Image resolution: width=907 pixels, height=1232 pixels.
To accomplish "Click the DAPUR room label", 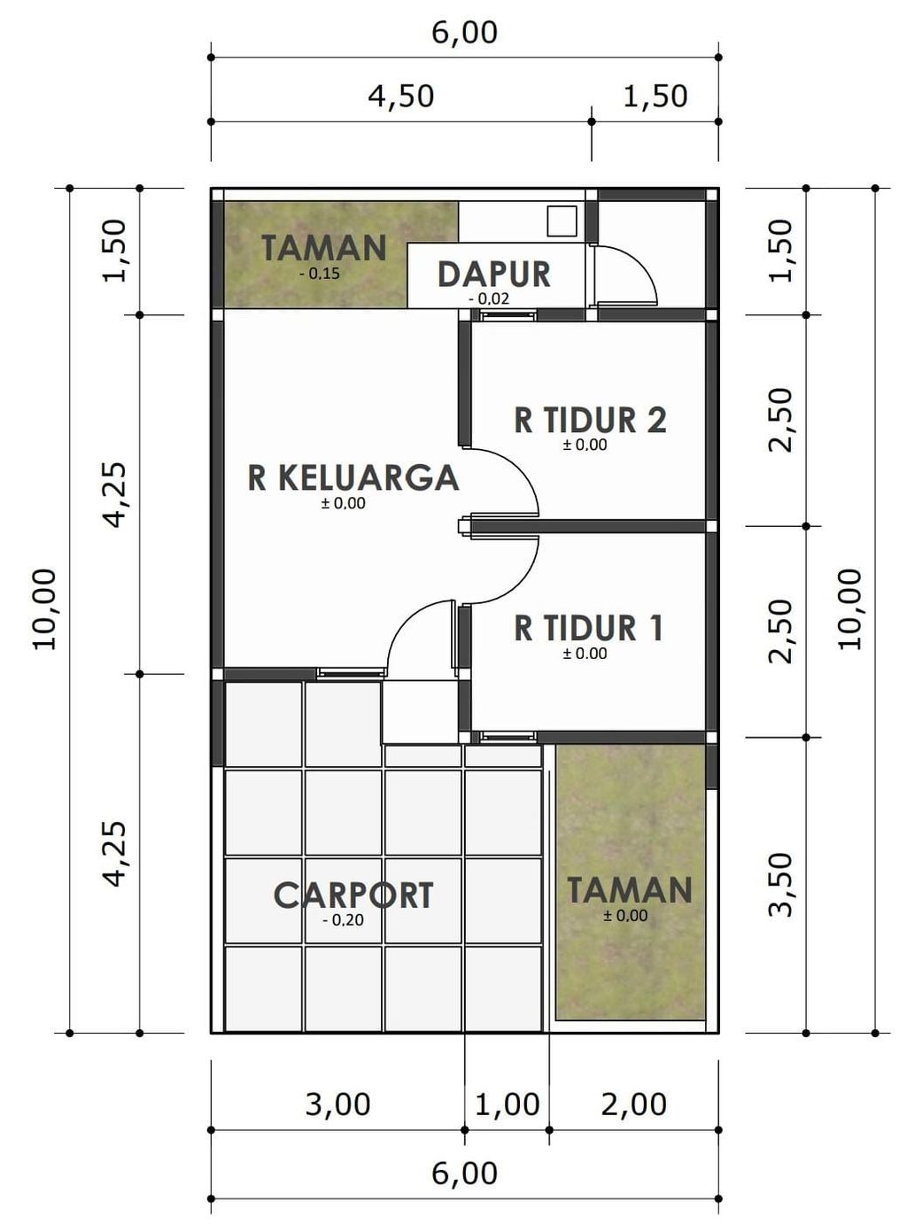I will pyautogui.click(x=493, y=275).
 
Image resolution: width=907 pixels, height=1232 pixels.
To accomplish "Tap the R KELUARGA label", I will pyautogui.click(x=353, y=477).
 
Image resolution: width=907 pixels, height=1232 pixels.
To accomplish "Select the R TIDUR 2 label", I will pyautogui.click(x=590, y=420).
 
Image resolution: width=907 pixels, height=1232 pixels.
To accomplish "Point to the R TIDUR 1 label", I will pyautogui.click(x=588, y=628).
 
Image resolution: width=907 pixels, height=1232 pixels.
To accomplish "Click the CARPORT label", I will pyautogui.click(x=353, y=895).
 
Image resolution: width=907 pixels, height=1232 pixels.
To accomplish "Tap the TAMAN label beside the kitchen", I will pyautogui.click(x=323, y=248).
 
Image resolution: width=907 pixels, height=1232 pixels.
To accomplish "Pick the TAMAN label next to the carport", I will pyautogui.click(x=629, y=890).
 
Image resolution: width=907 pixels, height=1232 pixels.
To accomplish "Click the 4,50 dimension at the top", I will pyautogui.click(x=401, y=96).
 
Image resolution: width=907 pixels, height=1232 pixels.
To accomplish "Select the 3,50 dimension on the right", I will pyautogui.click(x=780, y=884).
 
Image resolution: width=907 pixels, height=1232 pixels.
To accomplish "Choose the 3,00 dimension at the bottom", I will pyautogui.click(x=337, y=1104).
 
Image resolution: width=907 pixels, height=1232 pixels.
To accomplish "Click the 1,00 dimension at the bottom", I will pyautogui.click(x=507, y=1104).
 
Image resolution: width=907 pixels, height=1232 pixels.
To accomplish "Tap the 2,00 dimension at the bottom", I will pyautogui.click(x=633, y=1104).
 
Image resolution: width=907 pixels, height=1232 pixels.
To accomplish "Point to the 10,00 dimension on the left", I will pyautogui.click(x=44, y=609).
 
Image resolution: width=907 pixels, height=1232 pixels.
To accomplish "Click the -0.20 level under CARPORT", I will pyautogui.click(x=343, y=920).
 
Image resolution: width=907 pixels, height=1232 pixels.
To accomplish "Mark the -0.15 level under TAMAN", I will pyautogui.click(x=319, y=274).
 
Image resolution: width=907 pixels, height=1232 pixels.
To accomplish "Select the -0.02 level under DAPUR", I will pyautogui.click(x=489, y=298).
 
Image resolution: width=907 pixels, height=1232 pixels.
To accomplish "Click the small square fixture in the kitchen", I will pyautogui.click(x=562, y=221).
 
